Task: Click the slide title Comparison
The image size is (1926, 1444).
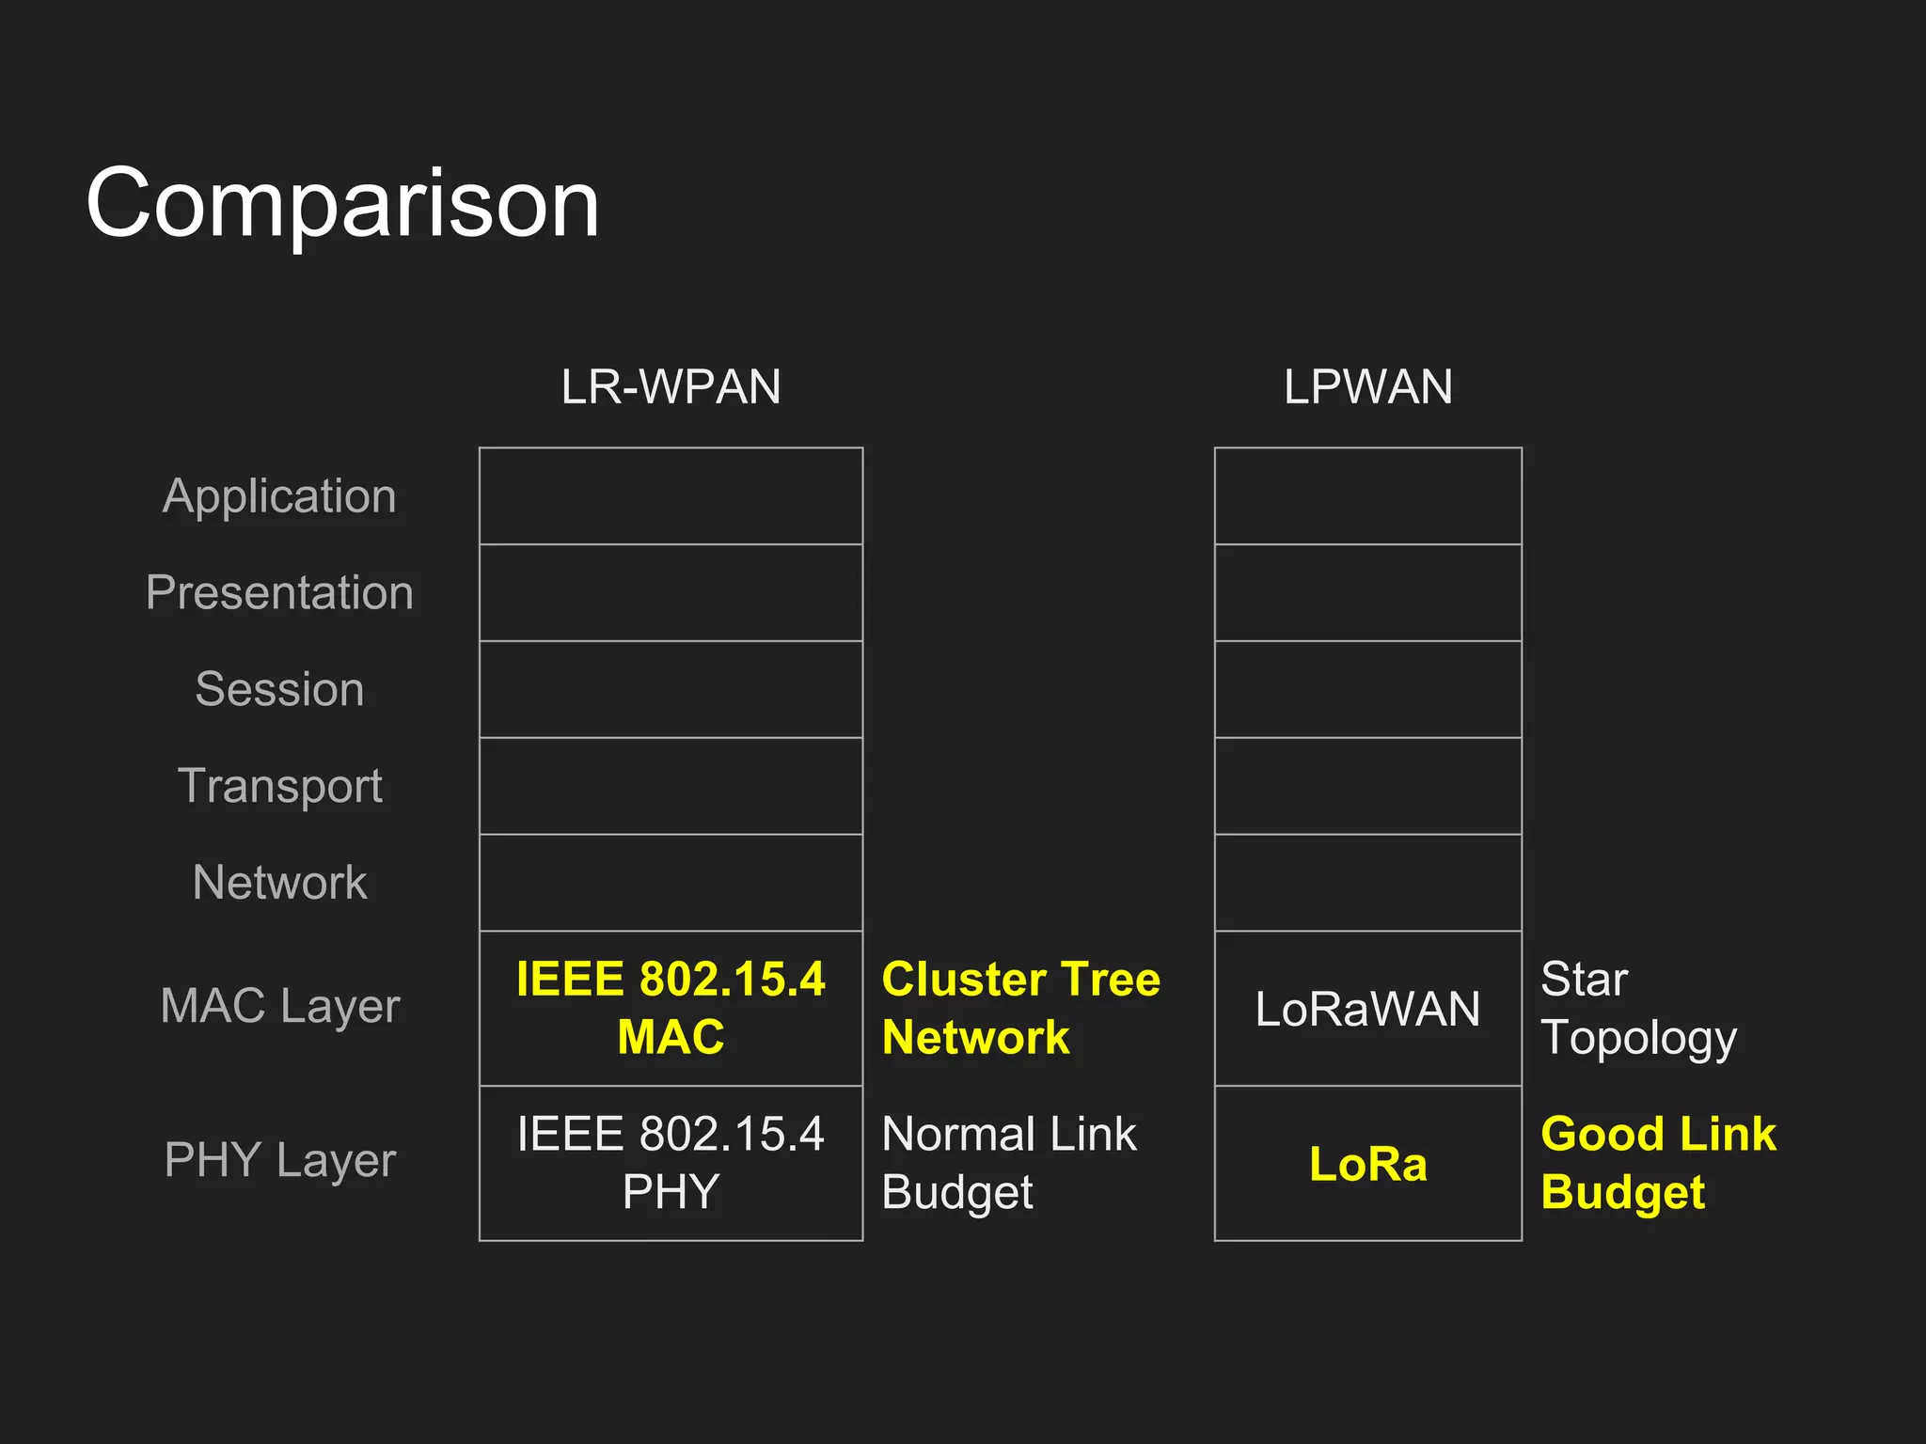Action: click(x=342, y=203)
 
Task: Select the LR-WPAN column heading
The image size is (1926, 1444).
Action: click(x=671, y=387)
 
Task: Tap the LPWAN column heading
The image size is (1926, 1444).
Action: click(x=1367, y=387)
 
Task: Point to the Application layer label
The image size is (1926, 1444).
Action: click(x=279, y=496)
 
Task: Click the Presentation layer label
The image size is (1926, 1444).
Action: click(x=279, y=593)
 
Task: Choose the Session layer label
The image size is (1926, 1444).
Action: click(x=279, y=689)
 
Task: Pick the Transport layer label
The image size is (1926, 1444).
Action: click(x=279, y=786)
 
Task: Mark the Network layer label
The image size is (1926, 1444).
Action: click(x=279, y=883)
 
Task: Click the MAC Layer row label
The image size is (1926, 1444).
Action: click(x=279, y=1006)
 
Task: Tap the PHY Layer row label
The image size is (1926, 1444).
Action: click(x=279, y=1160)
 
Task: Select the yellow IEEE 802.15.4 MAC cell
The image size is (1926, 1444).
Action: click(x=671, y=1008)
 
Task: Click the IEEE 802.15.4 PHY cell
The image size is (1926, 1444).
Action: click(x=671, y=1163)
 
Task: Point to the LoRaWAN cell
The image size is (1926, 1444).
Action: click(x=1367, y=1009)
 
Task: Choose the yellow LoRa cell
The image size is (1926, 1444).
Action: click(x=1367, y=1164)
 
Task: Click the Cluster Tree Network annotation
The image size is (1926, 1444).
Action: click(x=1020, y=1008)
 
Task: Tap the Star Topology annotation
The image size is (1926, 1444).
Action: click(x=1637, y=1008)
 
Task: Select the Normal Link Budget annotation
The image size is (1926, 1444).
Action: click(x=1008, y=1163)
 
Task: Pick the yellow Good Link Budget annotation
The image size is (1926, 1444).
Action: click(x=1658, y=1163)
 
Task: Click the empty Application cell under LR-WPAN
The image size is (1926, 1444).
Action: click(x=671, y=496)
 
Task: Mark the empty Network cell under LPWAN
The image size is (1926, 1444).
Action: click(x=1367, y=883)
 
